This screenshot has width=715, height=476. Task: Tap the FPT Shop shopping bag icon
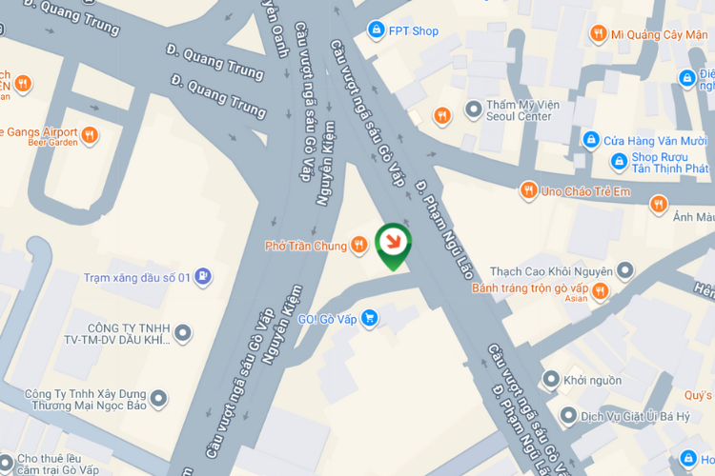(377, 30)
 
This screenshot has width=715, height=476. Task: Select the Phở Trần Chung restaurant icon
(358, 246)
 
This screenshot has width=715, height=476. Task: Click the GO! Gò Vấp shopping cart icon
(370, 318)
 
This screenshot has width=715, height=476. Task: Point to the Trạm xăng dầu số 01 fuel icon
(203, 277)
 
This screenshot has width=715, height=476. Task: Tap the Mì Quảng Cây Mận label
(659, 33)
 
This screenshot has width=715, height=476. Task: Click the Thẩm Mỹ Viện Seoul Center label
(520, 110)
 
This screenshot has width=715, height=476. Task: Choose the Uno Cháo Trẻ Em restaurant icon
(527, 191)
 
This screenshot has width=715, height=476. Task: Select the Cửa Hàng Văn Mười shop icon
(591, 140)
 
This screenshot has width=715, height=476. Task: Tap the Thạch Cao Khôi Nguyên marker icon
(625, 271)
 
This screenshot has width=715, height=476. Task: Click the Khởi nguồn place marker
(550, 380)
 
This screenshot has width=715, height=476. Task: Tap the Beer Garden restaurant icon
(90, 134)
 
